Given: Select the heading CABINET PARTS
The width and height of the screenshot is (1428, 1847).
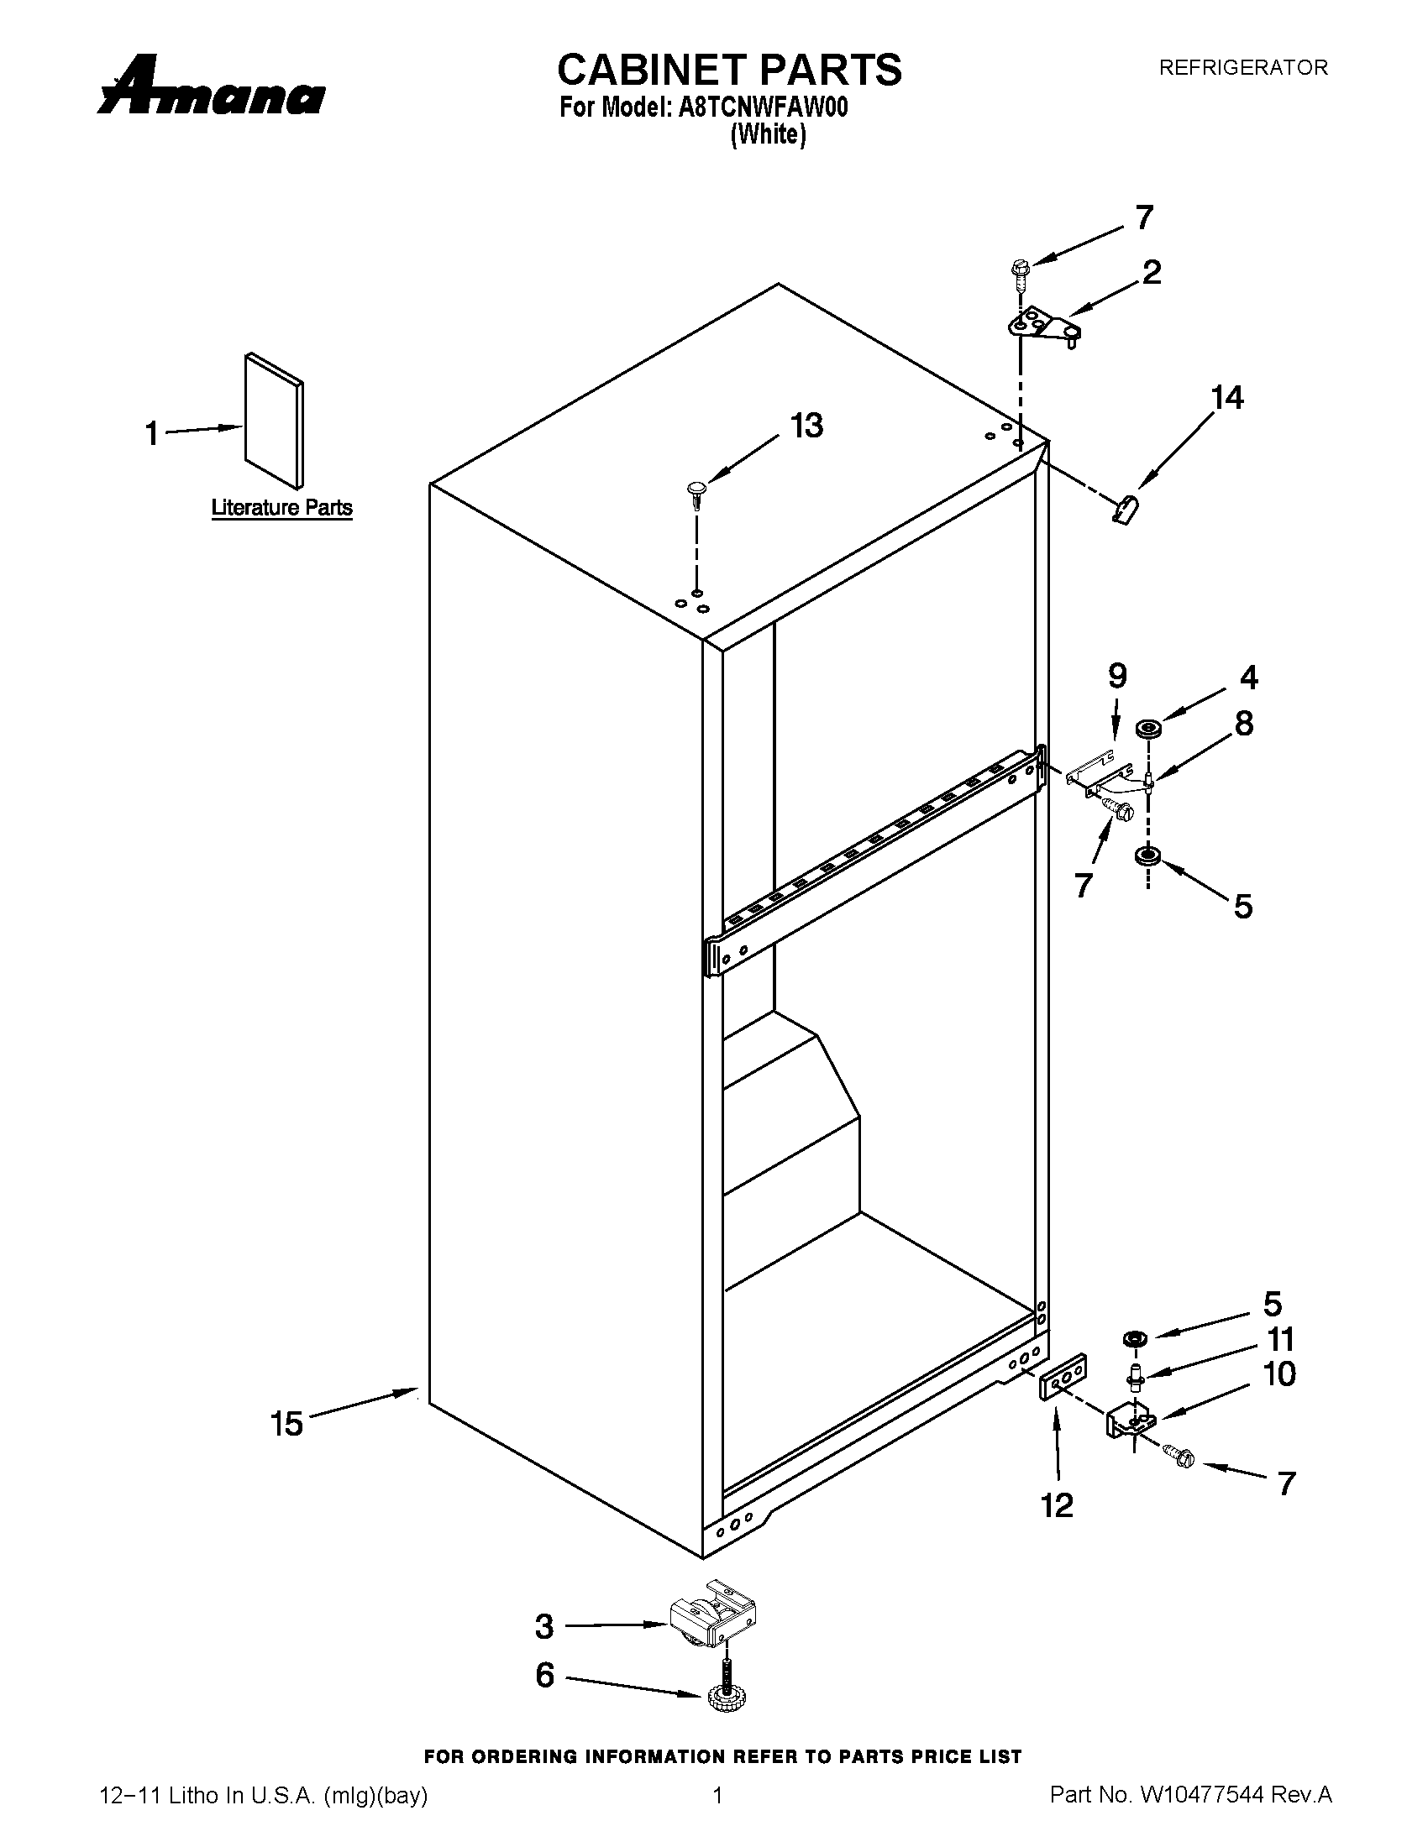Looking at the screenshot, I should tap(729, 71).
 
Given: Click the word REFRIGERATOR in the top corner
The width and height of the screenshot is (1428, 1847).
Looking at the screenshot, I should tap(1242, 68).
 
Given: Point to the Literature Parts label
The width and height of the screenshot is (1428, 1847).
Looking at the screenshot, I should tap(281, 508).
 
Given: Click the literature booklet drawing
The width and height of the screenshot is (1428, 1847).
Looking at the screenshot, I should tap(273, 421).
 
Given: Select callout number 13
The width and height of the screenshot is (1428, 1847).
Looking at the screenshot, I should tap(806, 426).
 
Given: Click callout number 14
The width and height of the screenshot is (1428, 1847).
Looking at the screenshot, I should tap(1227, 398).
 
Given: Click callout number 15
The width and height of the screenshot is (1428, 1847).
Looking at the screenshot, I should tap(287, 1423).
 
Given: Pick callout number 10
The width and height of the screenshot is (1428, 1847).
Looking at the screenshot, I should tap(1278, 1375).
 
